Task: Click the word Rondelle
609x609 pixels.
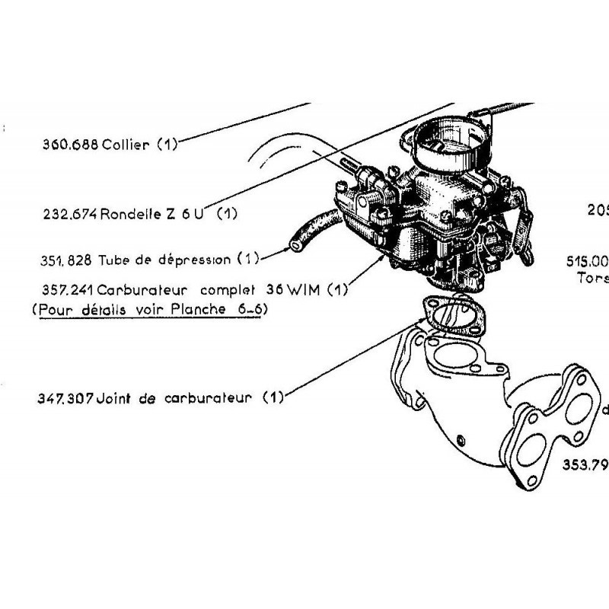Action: coord(130,214)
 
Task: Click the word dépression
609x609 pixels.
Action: coord(195,260)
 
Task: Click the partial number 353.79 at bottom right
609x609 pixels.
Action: coord(585,465)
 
